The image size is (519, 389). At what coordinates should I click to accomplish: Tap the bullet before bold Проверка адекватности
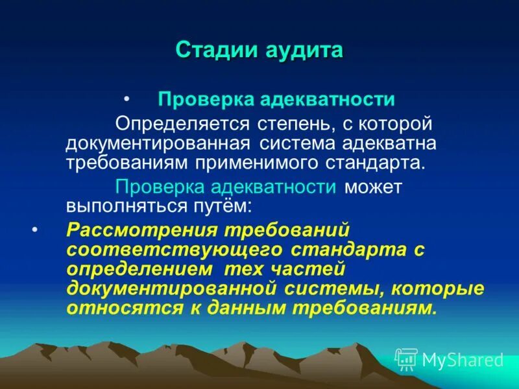(127, 99)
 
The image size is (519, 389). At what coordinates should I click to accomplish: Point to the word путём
(219, 206)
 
